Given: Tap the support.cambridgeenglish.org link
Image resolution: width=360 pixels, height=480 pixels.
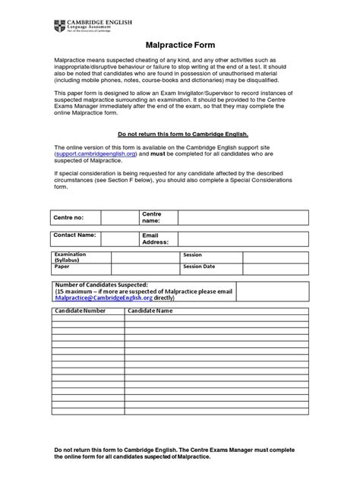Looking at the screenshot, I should [96, 154].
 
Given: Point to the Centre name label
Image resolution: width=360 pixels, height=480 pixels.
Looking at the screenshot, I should [152, 219].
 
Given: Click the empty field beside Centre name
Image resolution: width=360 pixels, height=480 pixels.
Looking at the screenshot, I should [243, 219].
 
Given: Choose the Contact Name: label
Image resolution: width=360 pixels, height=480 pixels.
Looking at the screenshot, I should [74, 236].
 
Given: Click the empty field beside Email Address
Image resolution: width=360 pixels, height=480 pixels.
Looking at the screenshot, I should [243, 239].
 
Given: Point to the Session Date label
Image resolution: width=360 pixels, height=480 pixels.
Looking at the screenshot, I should [199, 267].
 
